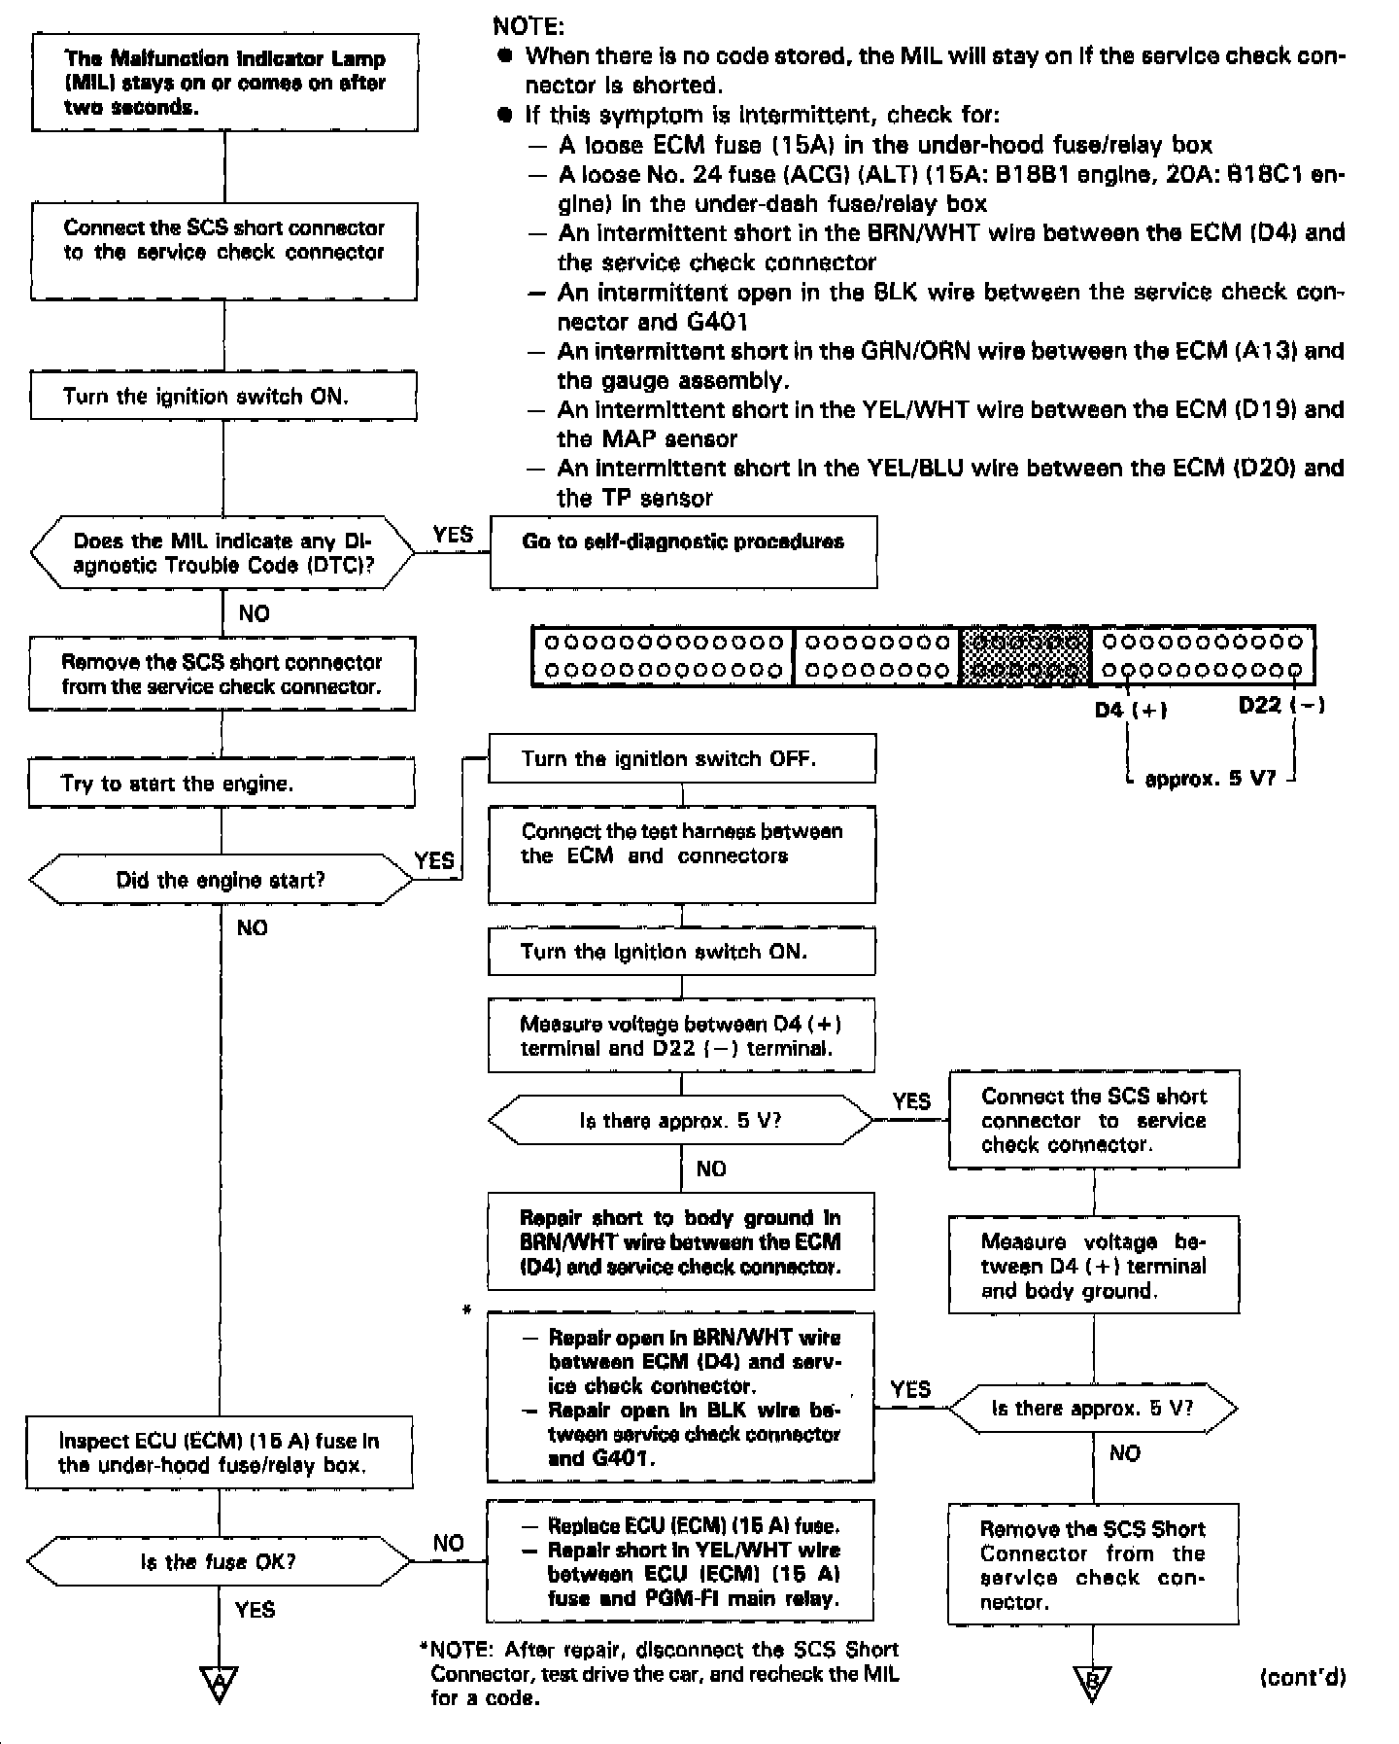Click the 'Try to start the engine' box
pos(222,784)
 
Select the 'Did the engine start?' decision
pos(222,880)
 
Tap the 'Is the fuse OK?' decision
pos(219,1562)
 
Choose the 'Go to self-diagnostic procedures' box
pos(683,551)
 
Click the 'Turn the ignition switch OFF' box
pos(681,758)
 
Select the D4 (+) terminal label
pos(1130,710)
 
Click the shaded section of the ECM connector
pos(1026,656)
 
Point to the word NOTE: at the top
pos(529,26)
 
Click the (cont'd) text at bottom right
pos(1302,1678)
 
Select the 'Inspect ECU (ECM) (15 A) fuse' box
pos(220,1452)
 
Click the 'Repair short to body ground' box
pos(681,1241)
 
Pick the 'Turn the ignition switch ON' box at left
pos(223,396)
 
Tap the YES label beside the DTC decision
pos(453,535)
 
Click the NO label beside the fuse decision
pos(448,1543)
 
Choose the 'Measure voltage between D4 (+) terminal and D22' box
pos(681,1035)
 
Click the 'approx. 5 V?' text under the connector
pos(1210,779)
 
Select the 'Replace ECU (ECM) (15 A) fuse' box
pos(680,1560)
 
